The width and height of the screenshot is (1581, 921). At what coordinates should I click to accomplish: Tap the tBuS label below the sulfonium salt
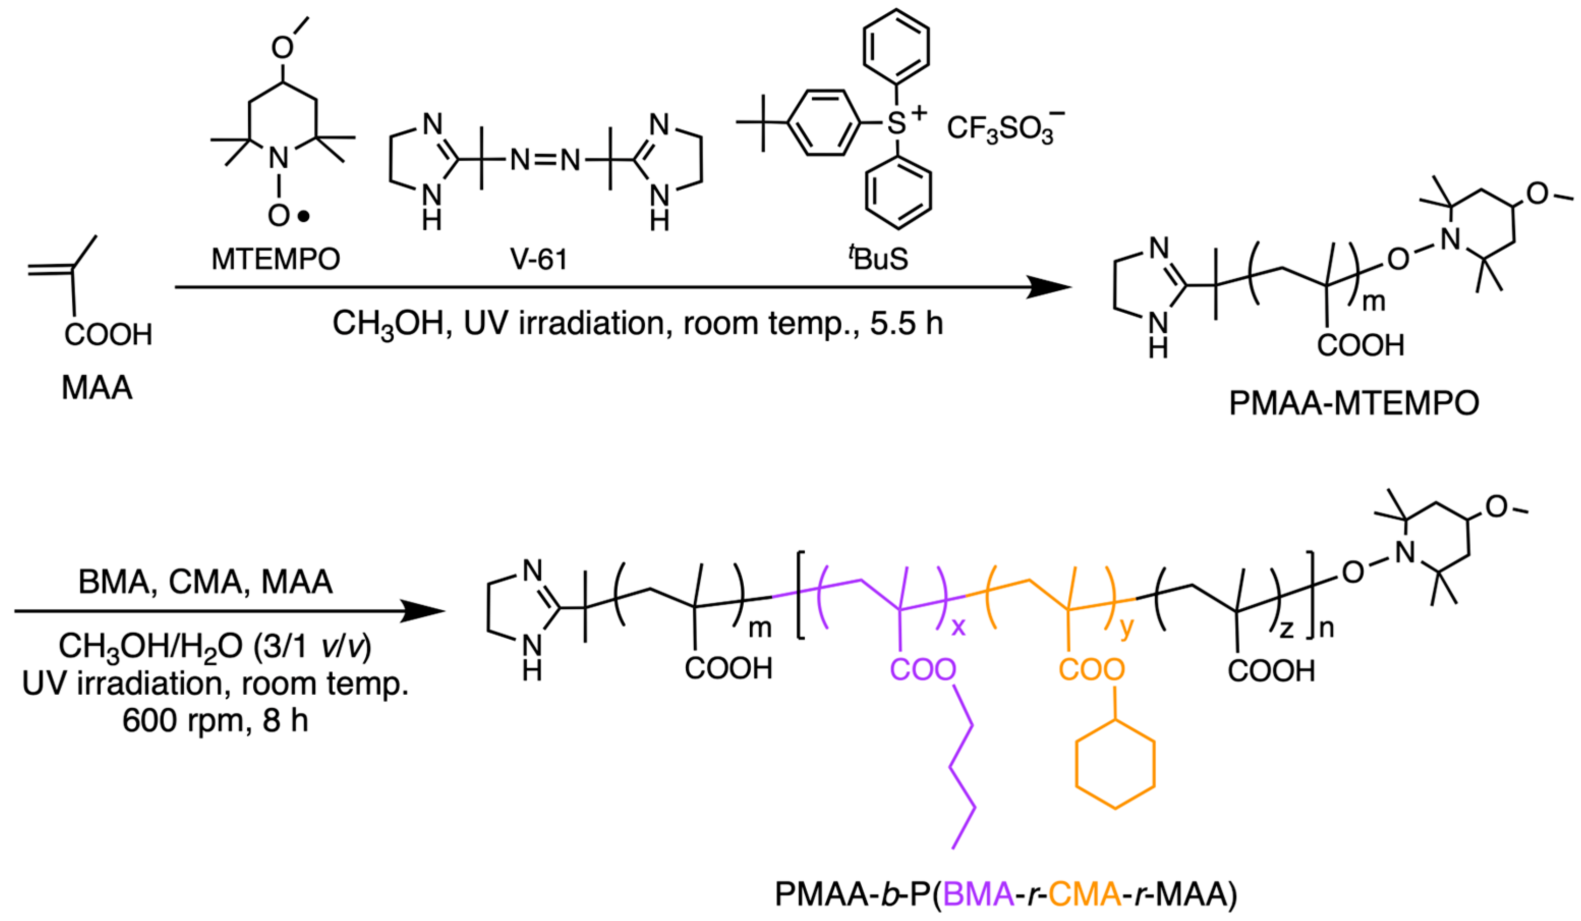[x=879, y=259]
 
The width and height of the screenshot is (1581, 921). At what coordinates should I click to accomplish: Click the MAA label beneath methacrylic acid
[x=97, y=388]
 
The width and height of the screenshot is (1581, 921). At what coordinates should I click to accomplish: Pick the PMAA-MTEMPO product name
[x=1354, y=403]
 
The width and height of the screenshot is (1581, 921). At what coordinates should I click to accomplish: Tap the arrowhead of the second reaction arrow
[x=422, y=610]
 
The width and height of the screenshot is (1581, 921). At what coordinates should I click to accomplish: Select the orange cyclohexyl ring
[x=1115, y=765]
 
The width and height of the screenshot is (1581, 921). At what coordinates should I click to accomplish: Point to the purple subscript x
[x=958, y=626]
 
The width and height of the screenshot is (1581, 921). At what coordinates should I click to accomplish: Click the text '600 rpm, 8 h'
[x=215, y=721]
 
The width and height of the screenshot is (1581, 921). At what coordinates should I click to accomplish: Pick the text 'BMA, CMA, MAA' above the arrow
[x=205, y=582]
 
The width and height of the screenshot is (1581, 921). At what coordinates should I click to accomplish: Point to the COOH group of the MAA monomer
[x=108, y=335]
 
